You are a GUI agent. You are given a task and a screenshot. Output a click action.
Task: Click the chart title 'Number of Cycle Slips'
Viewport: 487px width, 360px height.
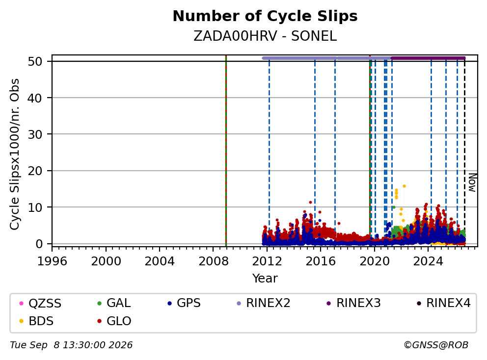click(265, 16)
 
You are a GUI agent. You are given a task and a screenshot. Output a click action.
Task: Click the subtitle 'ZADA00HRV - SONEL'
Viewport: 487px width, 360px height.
click(265, 36)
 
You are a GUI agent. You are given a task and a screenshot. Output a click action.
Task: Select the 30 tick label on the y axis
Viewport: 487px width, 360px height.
click(35, 134)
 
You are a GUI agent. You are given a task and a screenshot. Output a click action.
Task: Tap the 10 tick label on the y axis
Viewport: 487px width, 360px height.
click(35, 207)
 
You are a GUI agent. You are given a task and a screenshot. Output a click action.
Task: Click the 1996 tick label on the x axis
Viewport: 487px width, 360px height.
click(52, 261)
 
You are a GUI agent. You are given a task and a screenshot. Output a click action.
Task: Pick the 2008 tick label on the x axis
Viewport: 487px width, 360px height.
click(213, 261)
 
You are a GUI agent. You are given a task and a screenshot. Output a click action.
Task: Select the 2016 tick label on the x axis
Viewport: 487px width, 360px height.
click(321, 261)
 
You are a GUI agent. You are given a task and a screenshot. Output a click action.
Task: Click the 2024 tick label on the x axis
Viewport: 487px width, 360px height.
click(428, 261)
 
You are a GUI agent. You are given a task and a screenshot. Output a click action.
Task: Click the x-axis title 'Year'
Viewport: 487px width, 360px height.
click(265, 279)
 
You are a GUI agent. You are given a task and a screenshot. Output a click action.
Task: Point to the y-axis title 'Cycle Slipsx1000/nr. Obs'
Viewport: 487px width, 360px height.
click(15, 154)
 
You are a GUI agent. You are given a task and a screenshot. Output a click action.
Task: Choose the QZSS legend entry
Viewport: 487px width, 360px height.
click(40, 303)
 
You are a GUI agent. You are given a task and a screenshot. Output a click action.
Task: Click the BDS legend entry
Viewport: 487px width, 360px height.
click(36, 321)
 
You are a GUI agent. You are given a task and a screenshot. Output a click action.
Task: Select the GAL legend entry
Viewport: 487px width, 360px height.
click(114, 303)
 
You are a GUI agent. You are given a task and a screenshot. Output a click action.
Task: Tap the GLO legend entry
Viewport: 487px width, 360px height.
click(114, 321)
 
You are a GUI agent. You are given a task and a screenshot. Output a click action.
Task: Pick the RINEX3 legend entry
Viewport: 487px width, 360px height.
click(354, 303)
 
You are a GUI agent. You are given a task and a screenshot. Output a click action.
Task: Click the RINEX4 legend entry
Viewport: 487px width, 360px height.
click(443, 303)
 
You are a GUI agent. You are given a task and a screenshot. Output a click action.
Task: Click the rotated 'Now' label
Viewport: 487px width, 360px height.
click(472, 182)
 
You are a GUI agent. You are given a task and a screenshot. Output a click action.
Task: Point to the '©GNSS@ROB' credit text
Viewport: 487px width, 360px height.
click(436, 345)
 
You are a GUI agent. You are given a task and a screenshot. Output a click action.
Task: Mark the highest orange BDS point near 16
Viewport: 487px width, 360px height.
click(404, 186)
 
